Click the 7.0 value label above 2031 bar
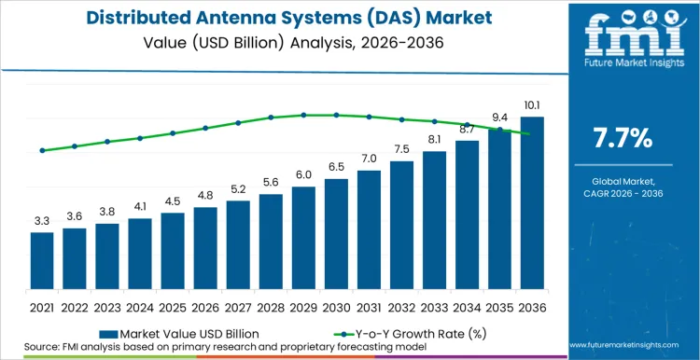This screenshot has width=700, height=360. (369, 159)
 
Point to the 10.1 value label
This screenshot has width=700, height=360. (532, 105)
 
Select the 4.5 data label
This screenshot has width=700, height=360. (173, 201)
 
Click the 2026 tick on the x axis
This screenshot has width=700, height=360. (205, 305)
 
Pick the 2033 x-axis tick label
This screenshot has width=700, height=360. (434, 305)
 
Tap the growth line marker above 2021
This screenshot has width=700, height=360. (42, 150)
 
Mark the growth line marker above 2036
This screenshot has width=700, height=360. (532, 133)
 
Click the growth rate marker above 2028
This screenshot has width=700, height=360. (271, 118)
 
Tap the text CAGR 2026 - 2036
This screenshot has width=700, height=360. (623, 193)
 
